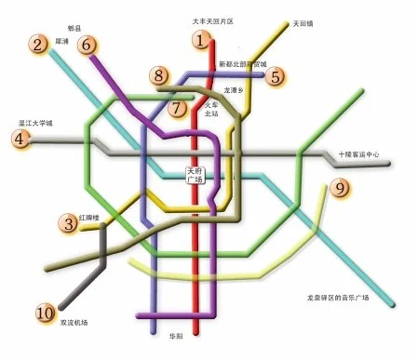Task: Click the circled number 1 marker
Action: click(x=200, y=39)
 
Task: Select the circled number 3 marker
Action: click(x=68, y=223)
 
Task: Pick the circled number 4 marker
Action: click(x=18, y=140)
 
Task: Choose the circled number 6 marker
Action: click(x=88, y=44)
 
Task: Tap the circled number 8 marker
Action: click(x=160, y=76)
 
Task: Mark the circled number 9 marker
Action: click(x=340, y=189)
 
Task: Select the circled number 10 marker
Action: click(x=45, y=313)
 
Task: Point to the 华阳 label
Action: click(x=176, y=336)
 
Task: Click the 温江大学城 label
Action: click(x=36, y=123)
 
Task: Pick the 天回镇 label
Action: click(x=303, y=23)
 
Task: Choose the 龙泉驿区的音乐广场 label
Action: click(x=338, y=298)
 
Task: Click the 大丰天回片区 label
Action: click(x=212, y=20)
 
